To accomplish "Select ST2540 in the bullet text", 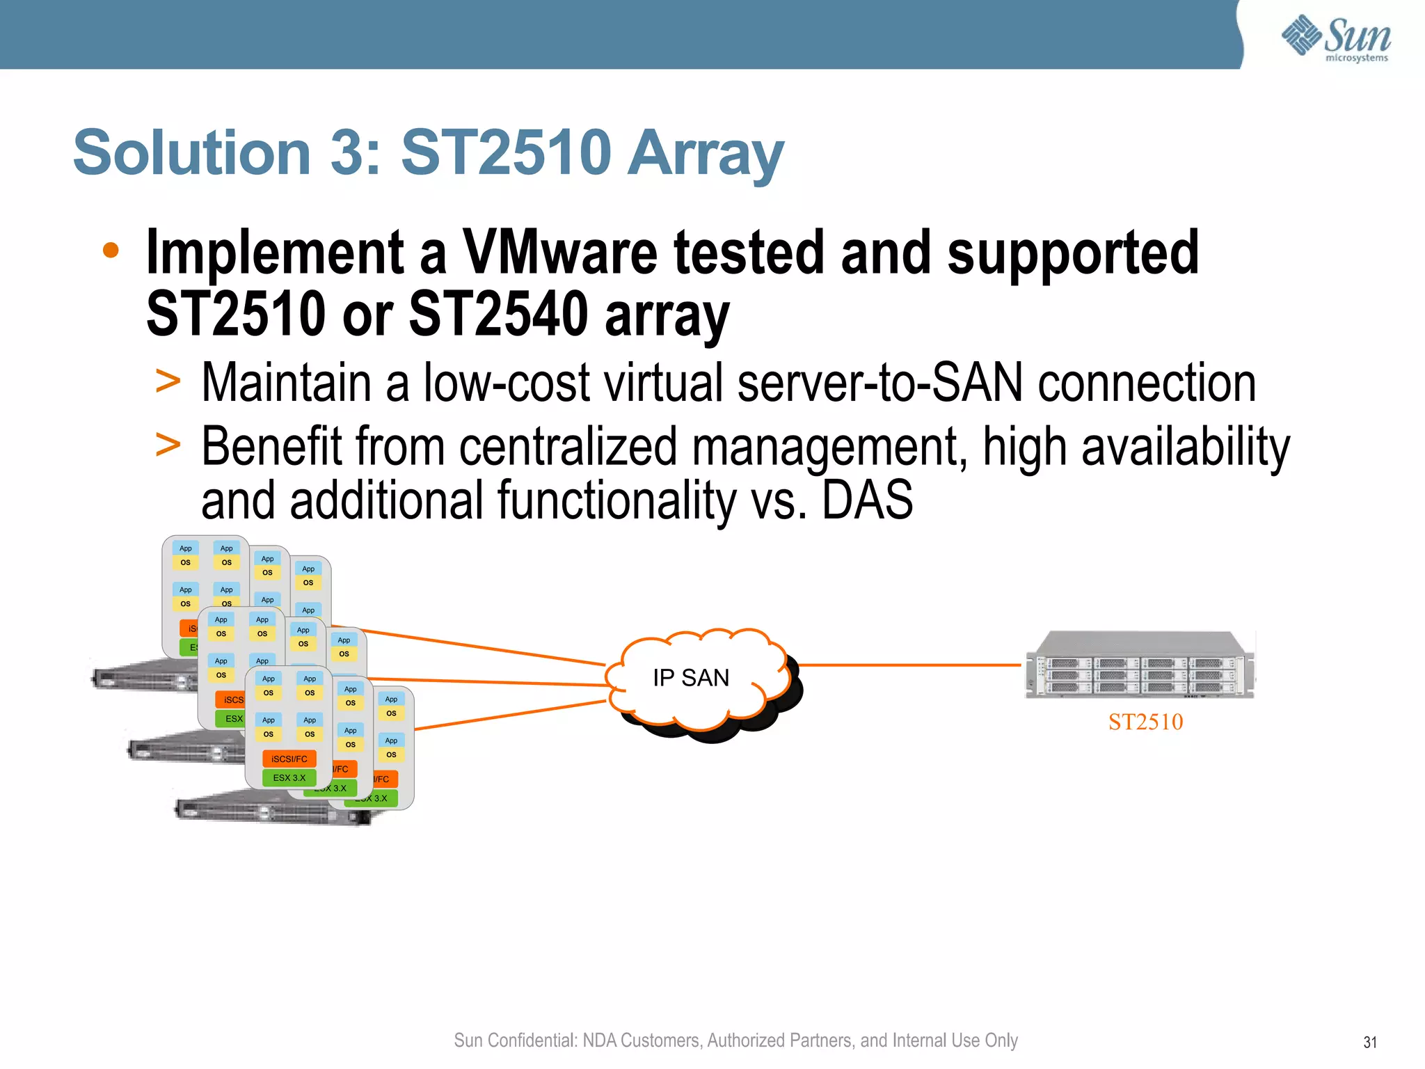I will (x=498, y=315).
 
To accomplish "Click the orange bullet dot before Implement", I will (x=111, y=251).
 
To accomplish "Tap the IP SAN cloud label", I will (x=691, y=677).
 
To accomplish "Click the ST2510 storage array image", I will (x=1140, y=665).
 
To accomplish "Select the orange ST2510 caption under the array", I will (x=1145, y=722).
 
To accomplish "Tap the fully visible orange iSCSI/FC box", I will (x=289, y=759).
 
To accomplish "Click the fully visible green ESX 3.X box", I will (x=289, y=777).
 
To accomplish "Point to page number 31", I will (x=1369, y=1042).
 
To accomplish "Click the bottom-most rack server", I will (x=271, y=809).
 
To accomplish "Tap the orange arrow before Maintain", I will (x=168, y=381).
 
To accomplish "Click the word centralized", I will (x=568, y=446).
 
